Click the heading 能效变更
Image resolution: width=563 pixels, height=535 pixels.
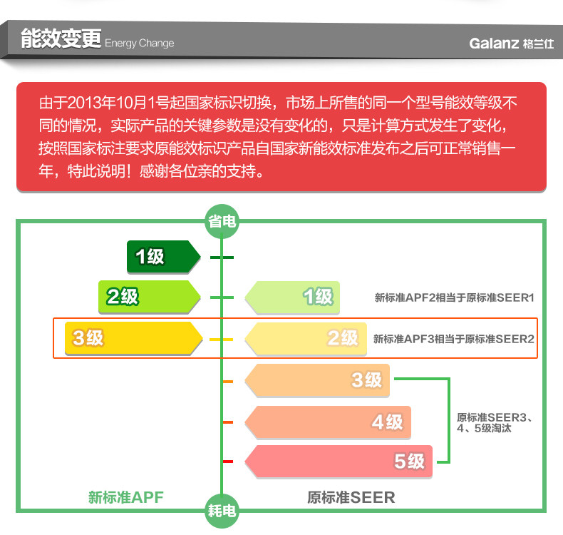(x=61, y=39)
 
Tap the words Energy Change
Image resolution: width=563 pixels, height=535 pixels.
(x=140, y=44)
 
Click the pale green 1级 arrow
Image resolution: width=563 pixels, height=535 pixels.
(x=291, y=297)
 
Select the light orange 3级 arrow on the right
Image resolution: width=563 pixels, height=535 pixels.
(x=317, y=380)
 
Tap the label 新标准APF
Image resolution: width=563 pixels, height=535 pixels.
(x=125, y=497)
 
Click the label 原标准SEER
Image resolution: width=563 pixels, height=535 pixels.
(x=351, y=497)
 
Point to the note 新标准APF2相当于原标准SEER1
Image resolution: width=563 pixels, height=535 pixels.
(x=454, y=297)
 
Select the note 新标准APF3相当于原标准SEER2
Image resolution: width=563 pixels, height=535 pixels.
(x=453, y=339)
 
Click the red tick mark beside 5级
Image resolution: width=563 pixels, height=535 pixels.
(x=228, y=462)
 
